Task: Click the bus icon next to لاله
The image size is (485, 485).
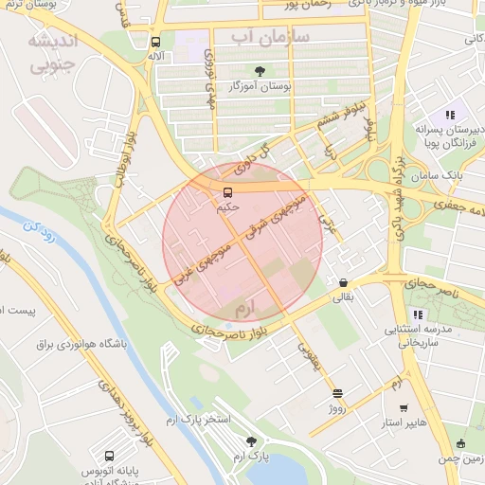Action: [155, 42]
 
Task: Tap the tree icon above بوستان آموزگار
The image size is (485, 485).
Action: [260, 71]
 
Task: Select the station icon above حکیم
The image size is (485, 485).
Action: [226, 192]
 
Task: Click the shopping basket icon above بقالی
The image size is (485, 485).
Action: [342, 281]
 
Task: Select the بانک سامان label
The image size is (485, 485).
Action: [440, 177]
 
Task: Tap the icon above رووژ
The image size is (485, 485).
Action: [338, 392]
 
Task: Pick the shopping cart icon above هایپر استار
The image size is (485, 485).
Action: [404, 407]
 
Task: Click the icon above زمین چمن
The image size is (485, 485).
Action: [461, 443]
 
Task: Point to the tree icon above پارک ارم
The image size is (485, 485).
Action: [251, 441]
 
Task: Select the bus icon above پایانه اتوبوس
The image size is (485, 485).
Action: [110, 455]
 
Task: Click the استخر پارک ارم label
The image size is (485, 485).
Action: [213, 418]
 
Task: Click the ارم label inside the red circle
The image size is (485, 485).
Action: [245, 310]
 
